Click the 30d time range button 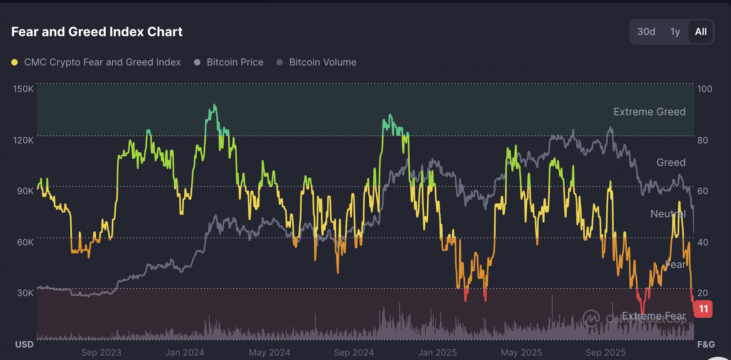coord(646,32)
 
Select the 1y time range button coord(675,32)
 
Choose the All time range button coord(700,32)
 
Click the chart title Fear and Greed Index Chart coord(97,32)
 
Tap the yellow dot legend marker coord(14,62)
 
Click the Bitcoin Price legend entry coord(235,62)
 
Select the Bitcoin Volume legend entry coord(323,62)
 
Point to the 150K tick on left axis coord(23,89)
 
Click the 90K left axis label coord(25,191)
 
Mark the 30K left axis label coord(25,293)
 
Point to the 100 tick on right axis coord(704,89)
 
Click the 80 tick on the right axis coord(702,140)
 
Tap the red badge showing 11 coord(703,309)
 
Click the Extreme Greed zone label coord(649,112)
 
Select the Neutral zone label coord(668,214)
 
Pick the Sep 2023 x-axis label coord(101,352)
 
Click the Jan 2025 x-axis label coord(437,352)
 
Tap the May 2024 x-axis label coord(270,352)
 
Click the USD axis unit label coord(24,344)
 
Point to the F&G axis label coord(706,344)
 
